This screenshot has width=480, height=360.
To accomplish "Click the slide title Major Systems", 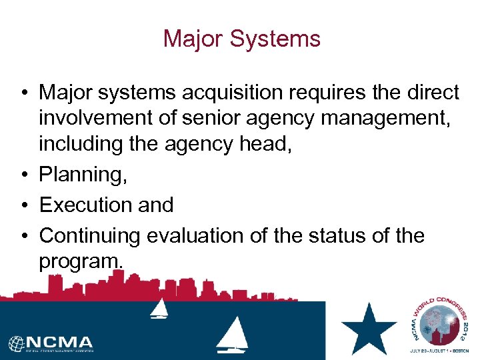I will point(242,38).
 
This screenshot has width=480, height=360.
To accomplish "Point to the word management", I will point(379,119).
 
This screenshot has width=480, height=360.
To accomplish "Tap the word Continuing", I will point(90,235).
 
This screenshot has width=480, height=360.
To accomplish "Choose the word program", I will point(81,262).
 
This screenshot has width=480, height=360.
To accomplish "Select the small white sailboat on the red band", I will point(159,308).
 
